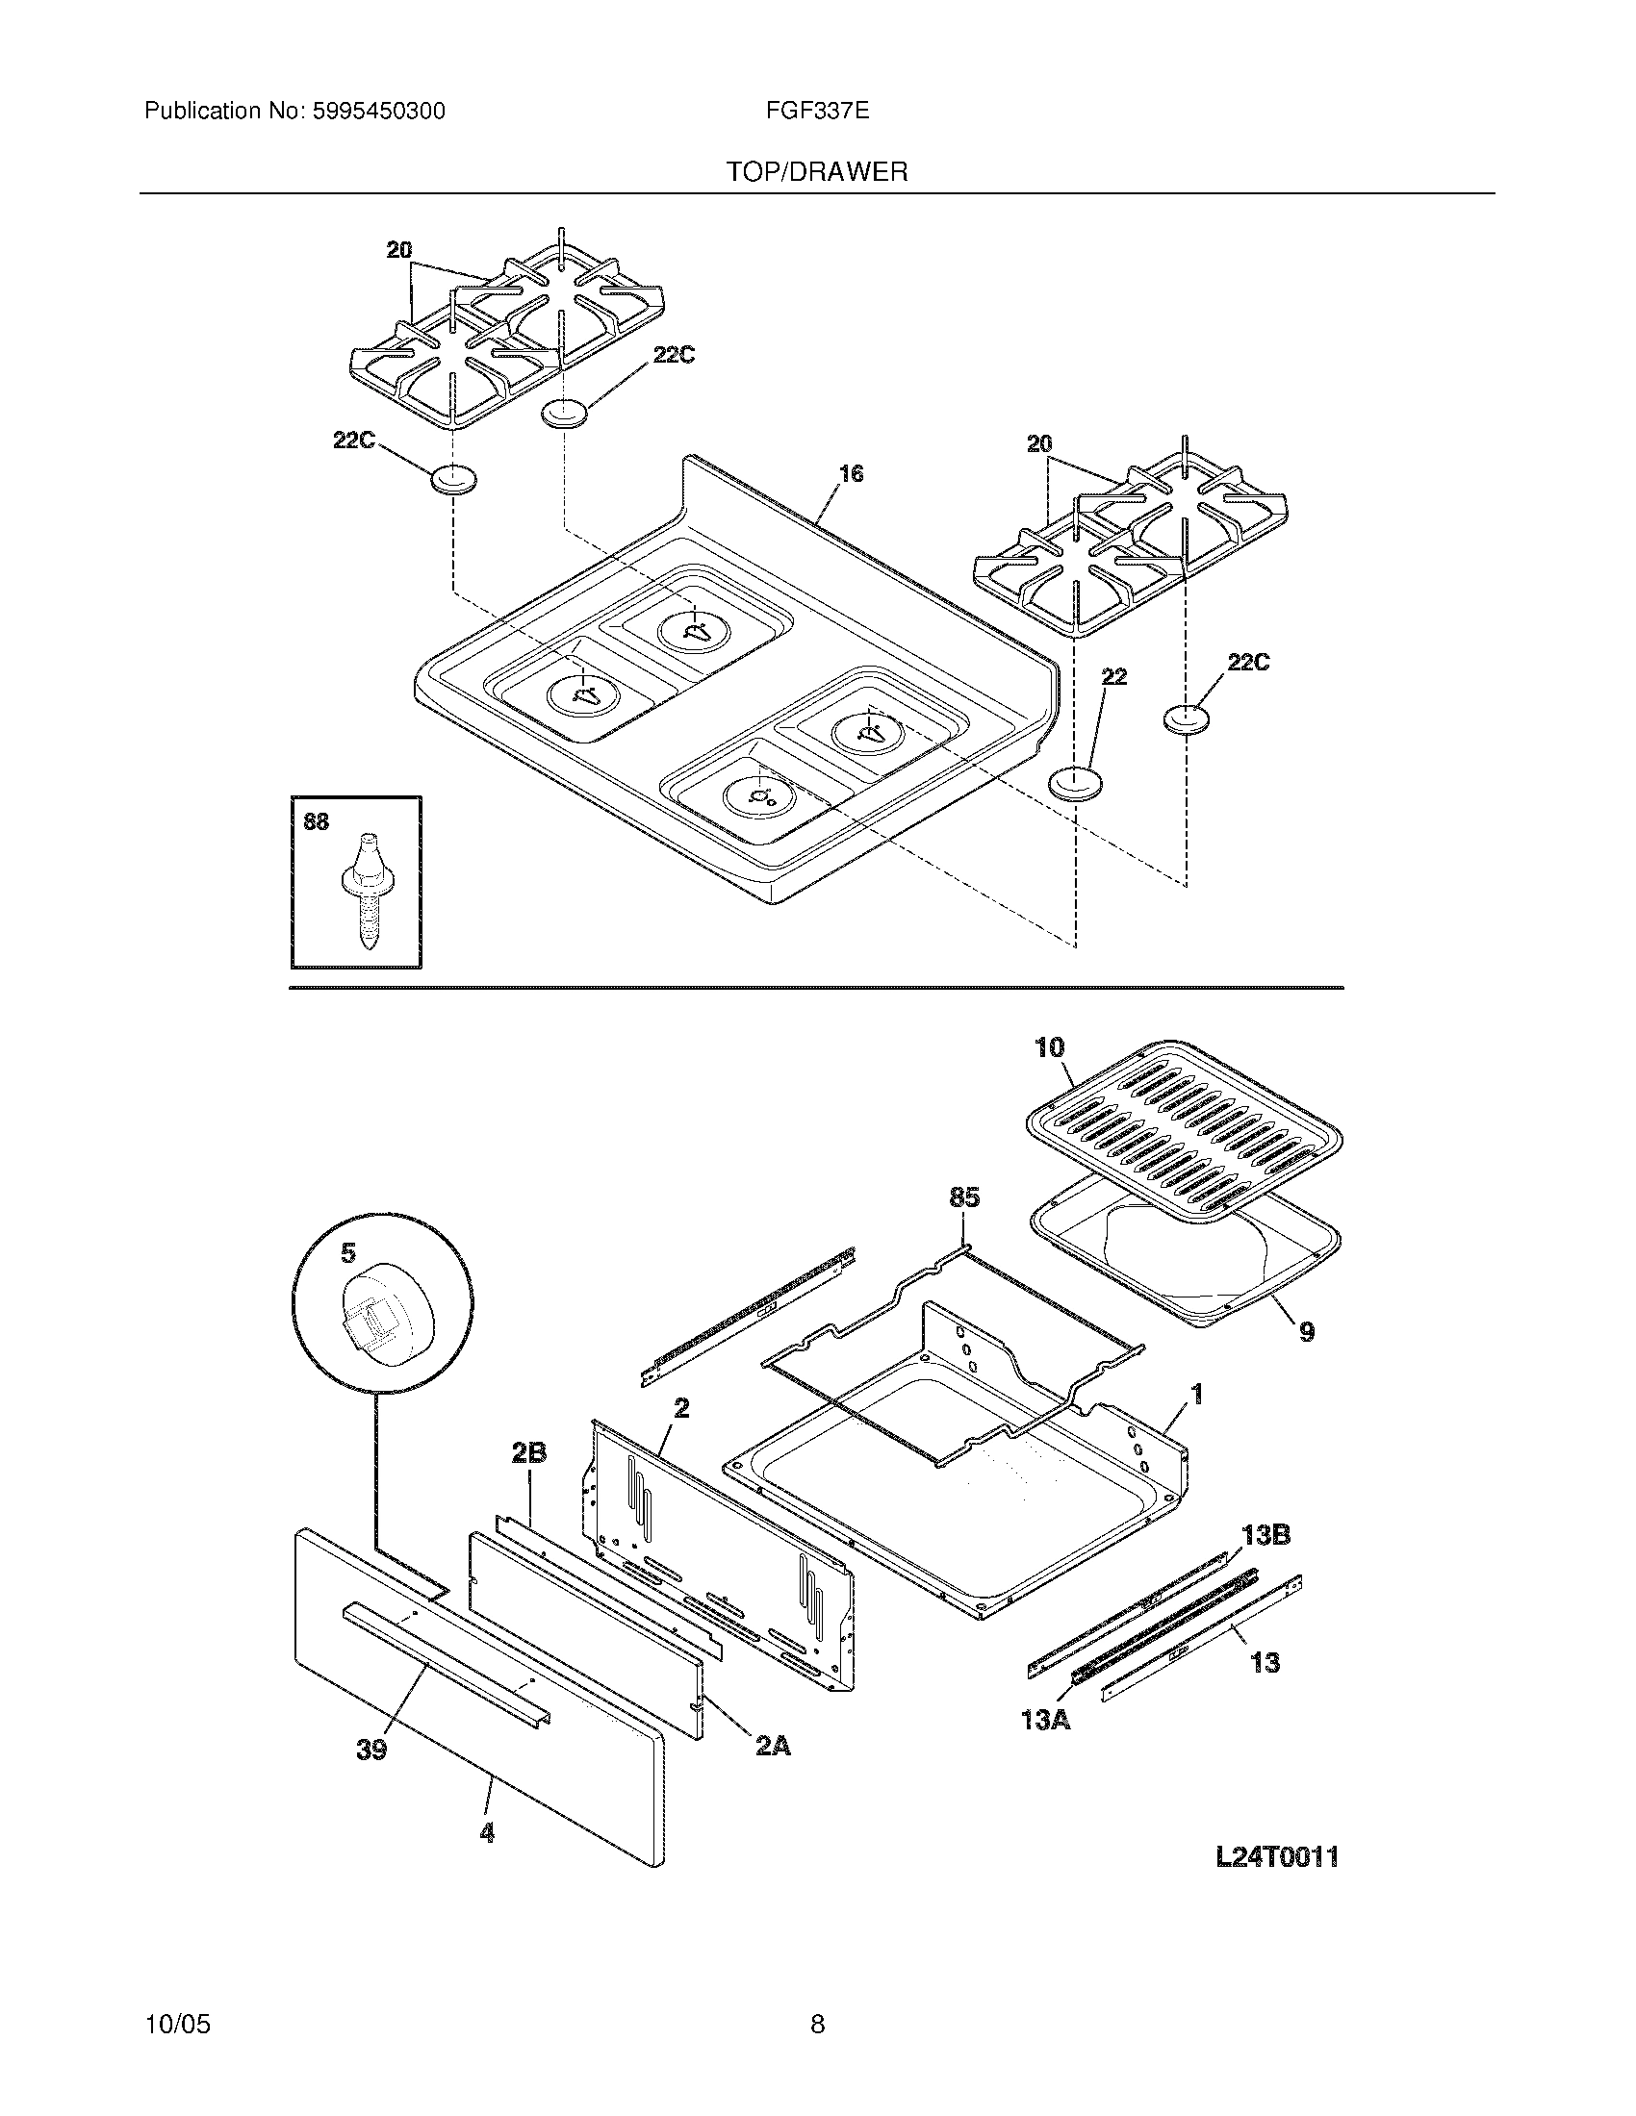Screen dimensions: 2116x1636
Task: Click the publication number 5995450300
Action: pyautogui.click(x=378, y=112)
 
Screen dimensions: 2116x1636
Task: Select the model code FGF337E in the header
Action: pyautogui.click(x=817, y=112)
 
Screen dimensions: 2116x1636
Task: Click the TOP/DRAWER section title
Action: pyautogui.click(x=817, y=172)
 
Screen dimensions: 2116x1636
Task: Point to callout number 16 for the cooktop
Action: pyautogui.click(x=851, y=474)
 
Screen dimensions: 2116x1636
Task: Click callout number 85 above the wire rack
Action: pyautogui.click(x=964, y=1197)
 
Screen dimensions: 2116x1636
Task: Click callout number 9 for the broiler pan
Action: pyautogui.click(x=1307, y=1331)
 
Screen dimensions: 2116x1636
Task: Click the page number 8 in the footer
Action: pyautogui.click(x=817, y=2023)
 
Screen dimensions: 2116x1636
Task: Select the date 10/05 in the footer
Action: pyautogui.click(x=177, y=2023)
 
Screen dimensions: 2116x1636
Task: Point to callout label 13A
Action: pyautogui.click(x=1045, y=1721)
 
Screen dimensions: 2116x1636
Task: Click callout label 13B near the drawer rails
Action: pyautogui.click(x=1265, y=1535)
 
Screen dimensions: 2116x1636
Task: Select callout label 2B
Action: pyautogui.click(x=529, y=1452)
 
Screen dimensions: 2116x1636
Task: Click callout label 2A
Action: pyautogui.click(x=773, y=1746)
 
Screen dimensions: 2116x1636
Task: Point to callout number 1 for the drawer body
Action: pyautogui.click(x=1196, y=1394)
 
